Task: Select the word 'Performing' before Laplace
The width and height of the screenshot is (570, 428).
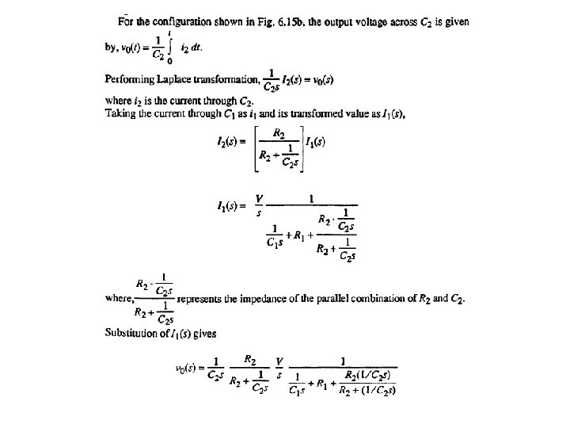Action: pos(128,79)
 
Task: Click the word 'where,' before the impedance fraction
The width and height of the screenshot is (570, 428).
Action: pos(119,300)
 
